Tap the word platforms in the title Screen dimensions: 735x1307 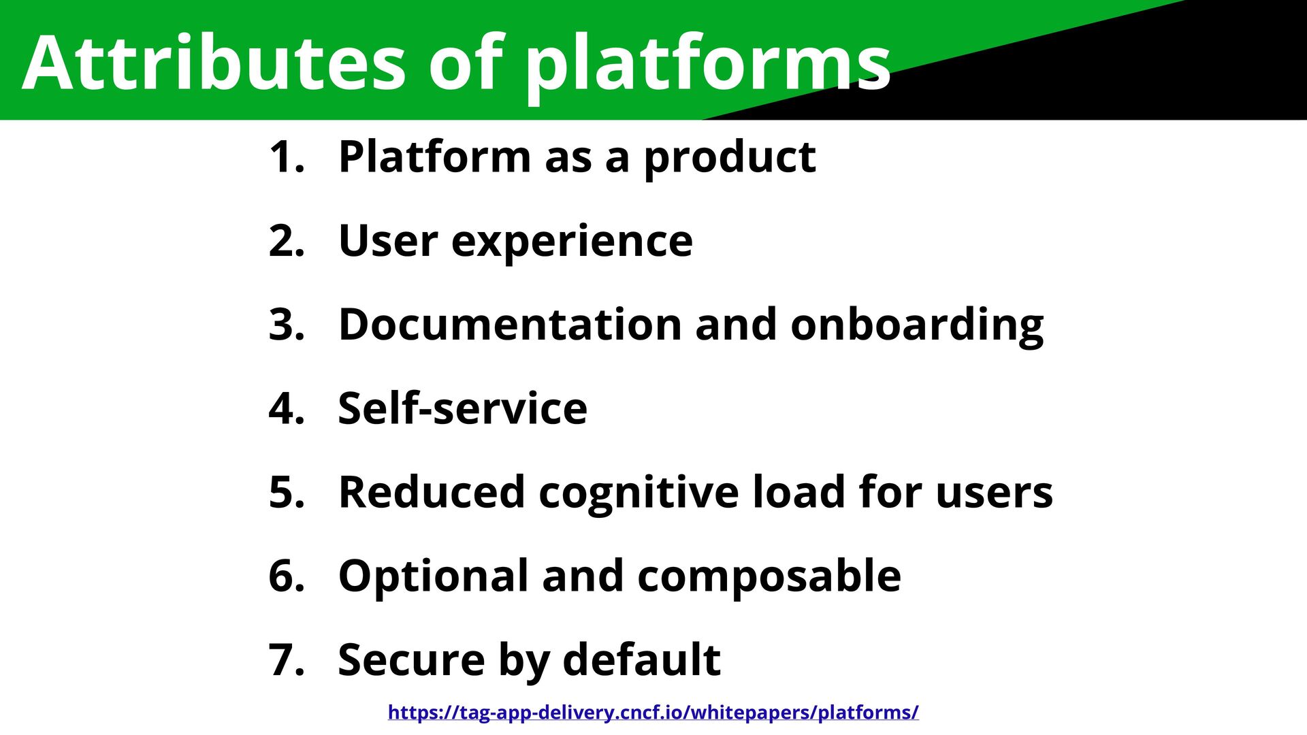click(708, 63)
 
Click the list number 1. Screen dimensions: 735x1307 click(286, 157)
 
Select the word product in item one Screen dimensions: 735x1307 click(730, 157)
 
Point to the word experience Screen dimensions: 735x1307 click(572, 241)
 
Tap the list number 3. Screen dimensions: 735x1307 click(286, 325)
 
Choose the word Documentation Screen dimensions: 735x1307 click(509, 325)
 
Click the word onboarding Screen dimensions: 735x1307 click(916, 325)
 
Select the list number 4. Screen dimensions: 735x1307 click(286, 408)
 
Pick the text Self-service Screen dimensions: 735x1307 click(462, 408)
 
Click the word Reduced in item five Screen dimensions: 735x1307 click(432, 492)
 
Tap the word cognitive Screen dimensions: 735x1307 click(639, 492)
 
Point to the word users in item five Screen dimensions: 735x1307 click(994, 492)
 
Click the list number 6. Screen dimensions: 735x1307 click(286, 576)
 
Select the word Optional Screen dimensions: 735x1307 click(433, 576)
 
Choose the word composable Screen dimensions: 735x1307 click(769, 576)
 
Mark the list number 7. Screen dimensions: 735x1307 click(286, 659)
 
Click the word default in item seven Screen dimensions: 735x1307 click(641, 659)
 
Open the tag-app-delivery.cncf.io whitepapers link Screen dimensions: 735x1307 click(653, 713)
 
